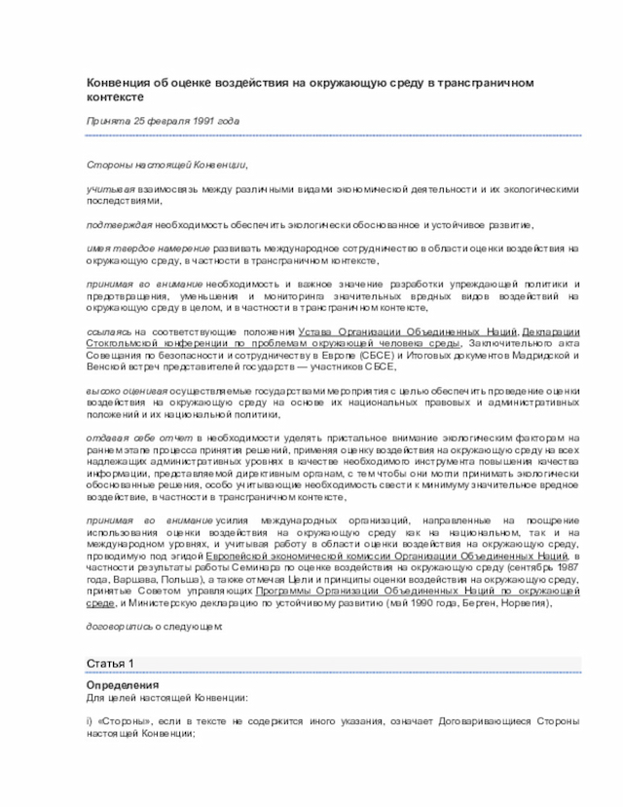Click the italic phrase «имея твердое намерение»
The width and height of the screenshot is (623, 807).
(x=146, y=249)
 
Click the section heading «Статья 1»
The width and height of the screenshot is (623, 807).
(x=110, y=664)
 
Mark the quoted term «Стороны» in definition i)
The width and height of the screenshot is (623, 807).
(x=128, y=721)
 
